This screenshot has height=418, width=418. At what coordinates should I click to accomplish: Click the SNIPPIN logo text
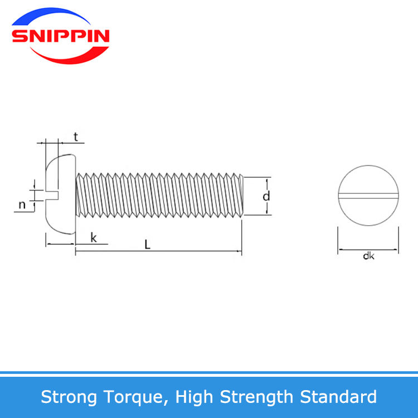point(61,36)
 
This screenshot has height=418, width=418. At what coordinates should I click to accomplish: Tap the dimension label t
point(76,137)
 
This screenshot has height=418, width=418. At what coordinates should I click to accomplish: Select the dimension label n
point(22,205)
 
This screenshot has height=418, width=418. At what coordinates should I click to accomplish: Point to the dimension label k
point(94,237)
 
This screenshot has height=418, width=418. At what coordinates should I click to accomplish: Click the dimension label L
point(148,245)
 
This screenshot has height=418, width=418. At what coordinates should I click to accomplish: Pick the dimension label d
point(266,196)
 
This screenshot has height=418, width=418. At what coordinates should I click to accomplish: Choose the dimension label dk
point(369,256)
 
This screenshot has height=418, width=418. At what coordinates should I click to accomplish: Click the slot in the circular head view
point(368,196)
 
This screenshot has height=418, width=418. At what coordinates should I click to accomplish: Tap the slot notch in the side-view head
point(52,195)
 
